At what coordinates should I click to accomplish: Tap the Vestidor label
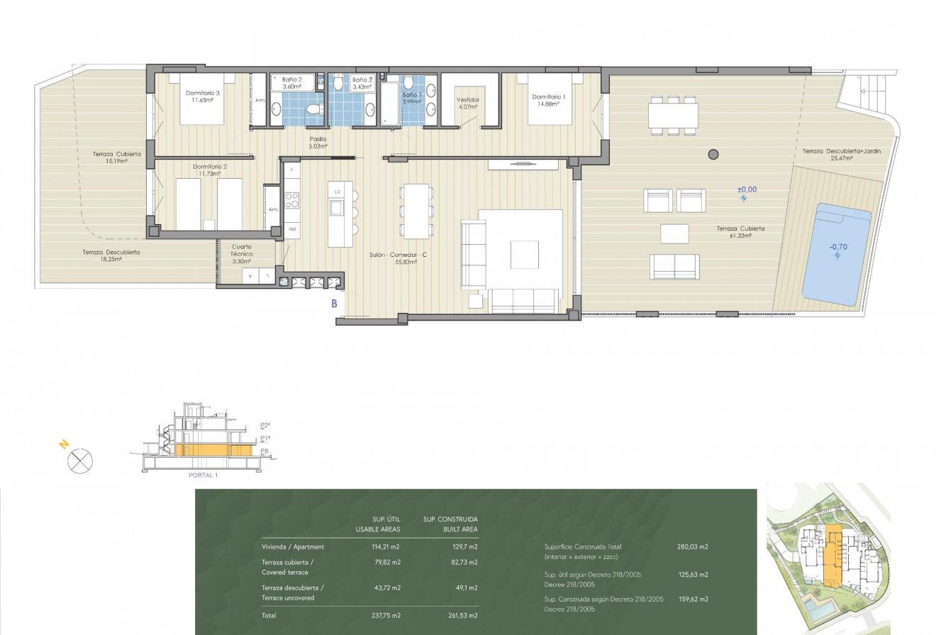[x=468, y=104]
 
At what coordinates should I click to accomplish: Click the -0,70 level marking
[x=837, y=248]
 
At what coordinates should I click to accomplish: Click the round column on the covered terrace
[x=713, y=155]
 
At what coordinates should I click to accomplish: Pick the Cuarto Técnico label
[x=242, y=254]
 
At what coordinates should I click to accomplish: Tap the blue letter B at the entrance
[x=333, y=304]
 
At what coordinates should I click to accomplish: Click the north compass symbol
[x=79, y=462]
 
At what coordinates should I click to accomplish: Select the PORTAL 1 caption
[x=203, y=475]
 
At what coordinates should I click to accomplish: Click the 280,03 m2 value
[x=693, y=547]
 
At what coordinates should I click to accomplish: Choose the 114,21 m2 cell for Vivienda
[x=386, y=547]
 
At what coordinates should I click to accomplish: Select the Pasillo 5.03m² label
[x=318, y=143]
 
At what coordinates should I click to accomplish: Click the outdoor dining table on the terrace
[x=672, y=115]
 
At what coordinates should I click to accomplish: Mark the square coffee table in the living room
[x=525, y=255]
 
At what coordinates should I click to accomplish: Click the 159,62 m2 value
[x=693, y=600]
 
